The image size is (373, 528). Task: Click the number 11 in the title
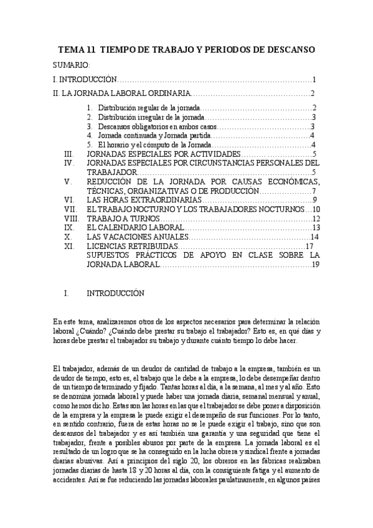click(x=91, y=49)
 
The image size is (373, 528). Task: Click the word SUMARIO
click(x=72, y=65)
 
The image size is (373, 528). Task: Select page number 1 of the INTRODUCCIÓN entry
click(x=316, y=80)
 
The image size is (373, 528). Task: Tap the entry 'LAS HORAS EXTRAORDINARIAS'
click(x=143, y=200)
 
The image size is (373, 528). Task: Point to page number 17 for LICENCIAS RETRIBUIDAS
click(x=309, y=247)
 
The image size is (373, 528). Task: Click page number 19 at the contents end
click(x=315, y=265)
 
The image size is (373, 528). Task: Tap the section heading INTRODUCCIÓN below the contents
click(x=115, y=293)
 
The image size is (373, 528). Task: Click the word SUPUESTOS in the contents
click(x=114, y=256)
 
